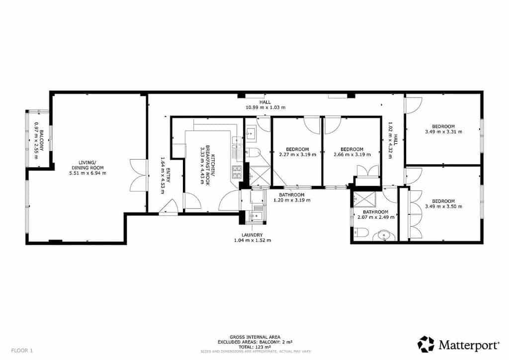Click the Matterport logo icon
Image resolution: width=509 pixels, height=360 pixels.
(425, 344)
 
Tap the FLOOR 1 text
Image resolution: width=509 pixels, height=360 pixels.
(22, 350)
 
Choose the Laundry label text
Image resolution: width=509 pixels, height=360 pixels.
(252, 237)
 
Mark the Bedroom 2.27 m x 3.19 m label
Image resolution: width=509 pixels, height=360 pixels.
(297, 152)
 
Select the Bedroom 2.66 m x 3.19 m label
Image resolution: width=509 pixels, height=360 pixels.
(351, 152)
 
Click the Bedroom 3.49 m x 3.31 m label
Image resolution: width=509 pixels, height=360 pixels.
(443, 129)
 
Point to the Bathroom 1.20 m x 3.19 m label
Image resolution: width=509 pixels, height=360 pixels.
(291, 197)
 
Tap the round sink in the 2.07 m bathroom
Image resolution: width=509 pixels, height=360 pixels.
(384, 234)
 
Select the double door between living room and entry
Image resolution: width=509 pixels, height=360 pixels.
(139, 175)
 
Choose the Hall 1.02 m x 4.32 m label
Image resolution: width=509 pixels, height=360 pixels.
(393, 140)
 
